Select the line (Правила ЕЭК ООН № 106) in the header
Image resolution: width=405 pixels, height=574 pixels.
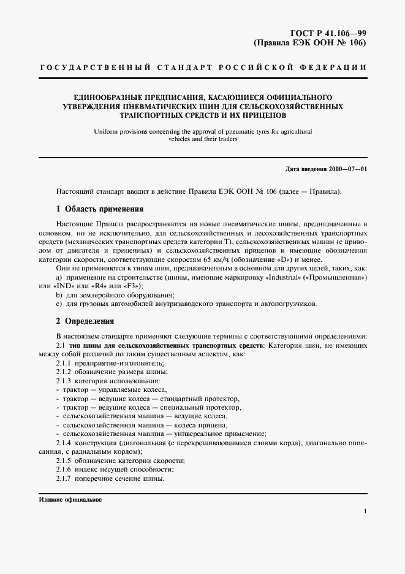310,44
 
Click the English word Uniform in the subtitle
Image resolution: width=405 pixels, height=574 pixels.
107,131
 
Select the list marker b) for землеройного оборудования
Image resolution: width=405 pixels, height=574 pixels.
59,295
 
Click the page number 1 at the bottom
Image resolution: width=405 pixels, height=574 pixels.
365,511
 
